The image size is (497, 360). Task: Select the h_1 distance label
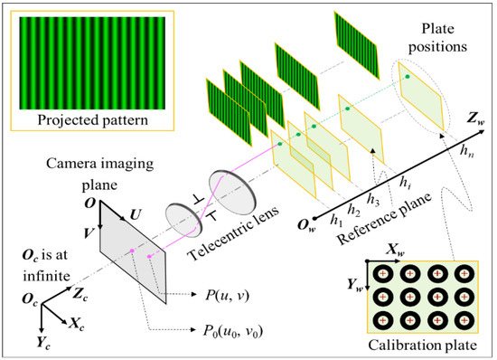[336, 217]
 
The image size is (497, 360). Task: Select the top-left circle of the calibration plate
[381, 273]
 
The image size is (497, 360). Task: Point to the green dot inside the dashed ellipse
[408, 78]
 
